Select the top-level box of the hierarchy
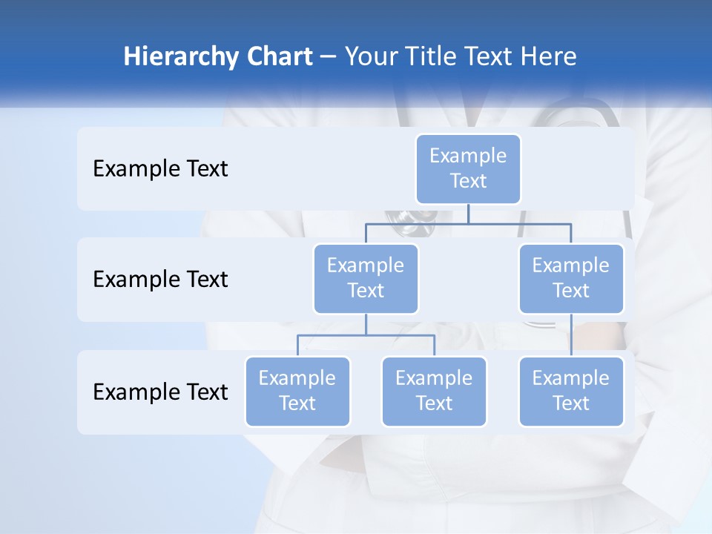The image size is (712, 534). click(x=468, y=168)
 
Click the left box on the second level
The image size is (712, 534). click(x=366, y=278)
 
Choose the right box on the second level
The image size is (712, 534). click(x=571, y=278)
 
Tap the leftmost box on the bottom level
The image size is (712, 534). click(x=297, y=391)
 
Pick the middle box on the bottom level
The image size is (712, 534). click(x=434, y=391)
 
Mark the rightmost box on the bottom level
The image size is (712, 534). click(x=571, y=391)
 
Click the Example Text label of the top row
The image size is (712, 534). click(x=160, y=169)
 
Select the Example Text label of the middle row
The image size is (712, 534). click(x=160, y=280)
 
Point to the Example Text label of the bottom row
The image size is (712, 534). click(x=160, y=392)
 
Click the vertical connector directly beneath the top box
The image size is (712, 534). click(x=468, y=214)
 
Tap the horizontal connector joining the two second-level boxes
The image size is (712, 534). click(x=519, y=223)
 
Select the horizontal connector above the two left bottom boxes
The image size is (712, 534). click(x=366, y=335)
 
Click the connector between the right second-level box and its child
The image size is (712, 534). click(x=571, y=335)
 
